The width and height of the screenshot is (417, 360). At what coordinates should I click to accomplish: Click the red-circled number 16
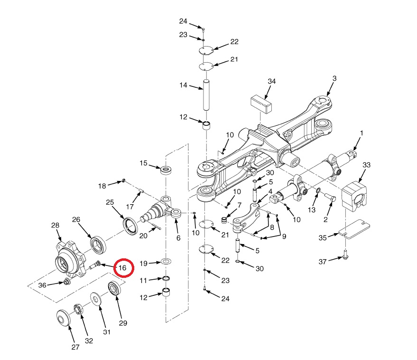[x=122, y=268]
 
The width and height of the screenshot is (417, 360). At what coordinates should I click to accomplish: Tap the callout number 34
[x=271, y=82]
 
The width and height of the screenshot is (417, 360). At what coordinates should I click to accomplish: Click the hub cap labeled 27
[x=62, y=317]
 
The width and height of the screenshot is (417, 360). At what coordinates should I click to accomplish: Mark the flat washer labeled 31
[x=98, y=300]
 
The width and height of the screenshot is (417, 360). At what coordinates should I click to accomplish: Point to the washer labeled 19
[x=166, y=261]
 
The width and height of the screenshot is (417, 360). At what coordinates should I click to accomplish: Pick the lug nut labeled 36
[x=66, y=283]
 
